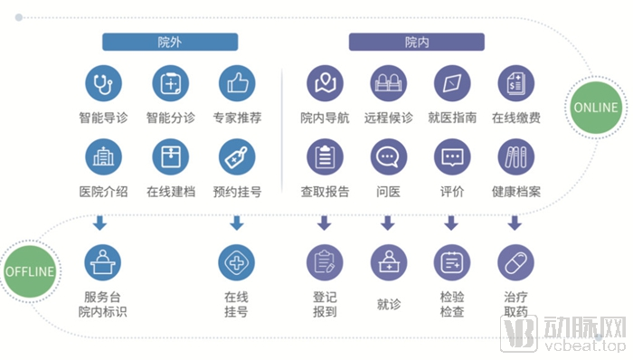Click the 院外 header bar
click(x=170, y=42)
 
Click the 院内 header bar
click(x=417, y=42)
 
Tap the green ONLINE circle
click(x=596, y=108)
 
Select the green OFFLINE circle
click(x=30, y=271)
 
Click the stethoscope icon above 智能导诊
click(x=102, y=84)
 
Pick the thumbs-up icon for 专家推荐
click(x=237, y=84)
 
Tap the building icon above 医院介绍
click(x=102, y=157)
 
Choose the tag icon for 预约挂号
click(x=237, y=157)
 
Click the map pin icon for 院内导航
click(x=325, y=84)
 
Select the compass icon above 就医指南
click(x=451, y=84)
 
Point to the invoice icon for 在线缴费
click(x=515, y=84)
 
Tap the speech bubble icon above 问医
click(x=388, y=157)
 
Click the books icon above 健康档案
click(x=515, y=157)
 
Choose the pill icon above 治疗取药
click(x=515, y=262)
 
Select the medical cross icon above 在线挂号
click(x=237, y=262)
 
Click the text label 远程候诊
click(x=388, y=118)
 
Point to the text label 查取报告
click(x=325, y=192)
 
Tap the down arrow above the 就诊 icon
click(x=388, y=222)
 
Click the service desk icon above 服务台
click(x=102, y=262)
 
